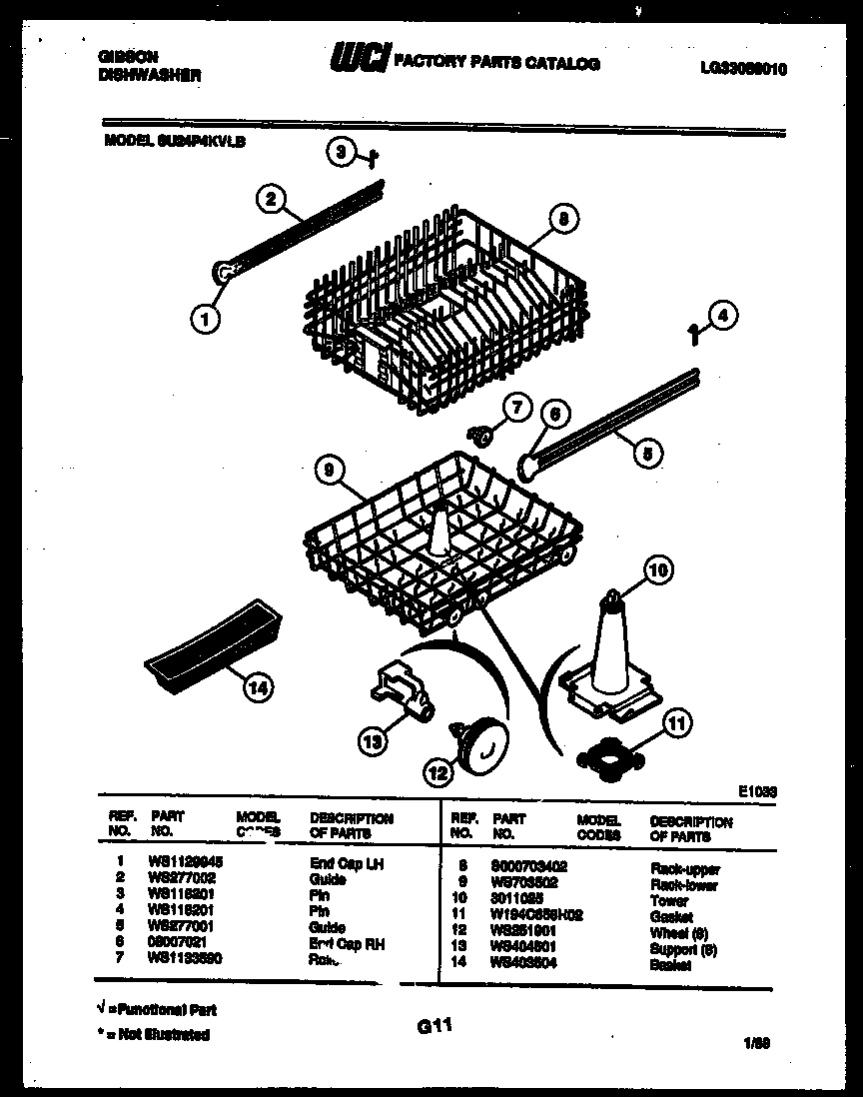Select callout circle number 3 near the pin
pos(342,152)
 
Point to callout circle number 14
pos(258,687)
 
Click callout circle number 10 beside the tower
pos(657,571)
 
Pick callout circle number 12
pos(437,771)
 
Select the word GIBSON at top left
pos(127,58)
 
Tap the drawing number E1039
pos(757,790)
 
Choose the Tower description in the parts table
pos(668,900)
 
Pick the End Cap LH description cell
pos(347,863)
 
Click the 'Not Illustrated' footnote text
pos(161,1035)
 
